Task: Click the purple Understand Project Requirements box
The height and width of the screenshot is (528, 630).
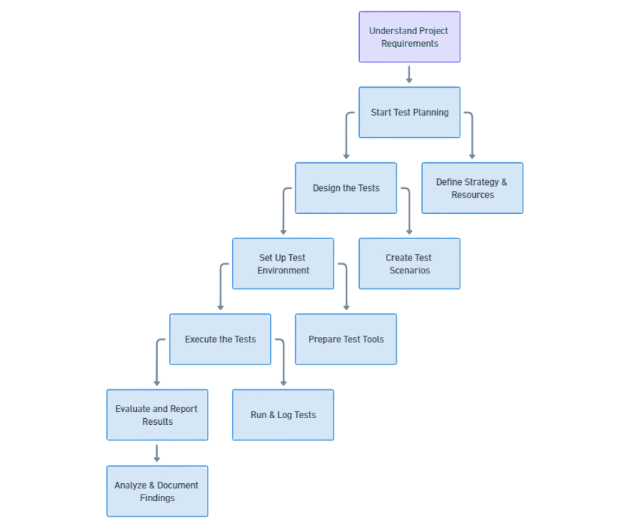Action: click(x=409, y=37)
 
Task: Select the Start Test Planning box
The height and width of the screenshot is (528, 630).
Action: click(x=409, y=113)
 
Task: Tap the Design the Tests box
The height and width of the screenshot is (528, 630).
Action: click(x=346, y=188)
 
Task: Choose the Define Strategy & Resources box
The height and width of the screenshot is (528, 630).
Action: click(x=472, y=188)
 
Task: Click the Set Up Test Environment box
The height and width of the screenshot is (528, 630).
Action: click(x=283, y=264)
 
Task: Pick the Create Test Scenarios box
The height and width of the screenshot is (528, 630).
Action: click(x=409, y=264)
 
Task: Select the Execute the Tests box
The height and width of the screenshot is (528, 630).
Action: click(x=220, y=340)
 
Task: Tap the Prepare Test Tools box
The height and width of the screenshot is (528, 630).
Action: click(x=346, y=340)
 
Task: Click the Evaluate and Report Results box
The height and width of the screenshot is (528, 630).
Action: click(x=157, y=415)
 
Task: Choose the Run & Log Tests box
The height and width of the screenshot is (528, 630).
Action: click(x=283, y=415)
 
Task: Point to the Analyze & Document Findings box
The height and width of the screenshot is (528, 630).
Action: click(x=157, y=491)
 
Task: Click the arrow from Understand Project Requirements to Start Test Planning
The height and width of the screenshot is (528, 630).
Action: click(x=409, y=74)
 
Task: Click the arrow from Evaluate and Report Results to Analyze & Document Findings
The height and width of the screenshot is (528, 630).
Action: click(x=157, y=453)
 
